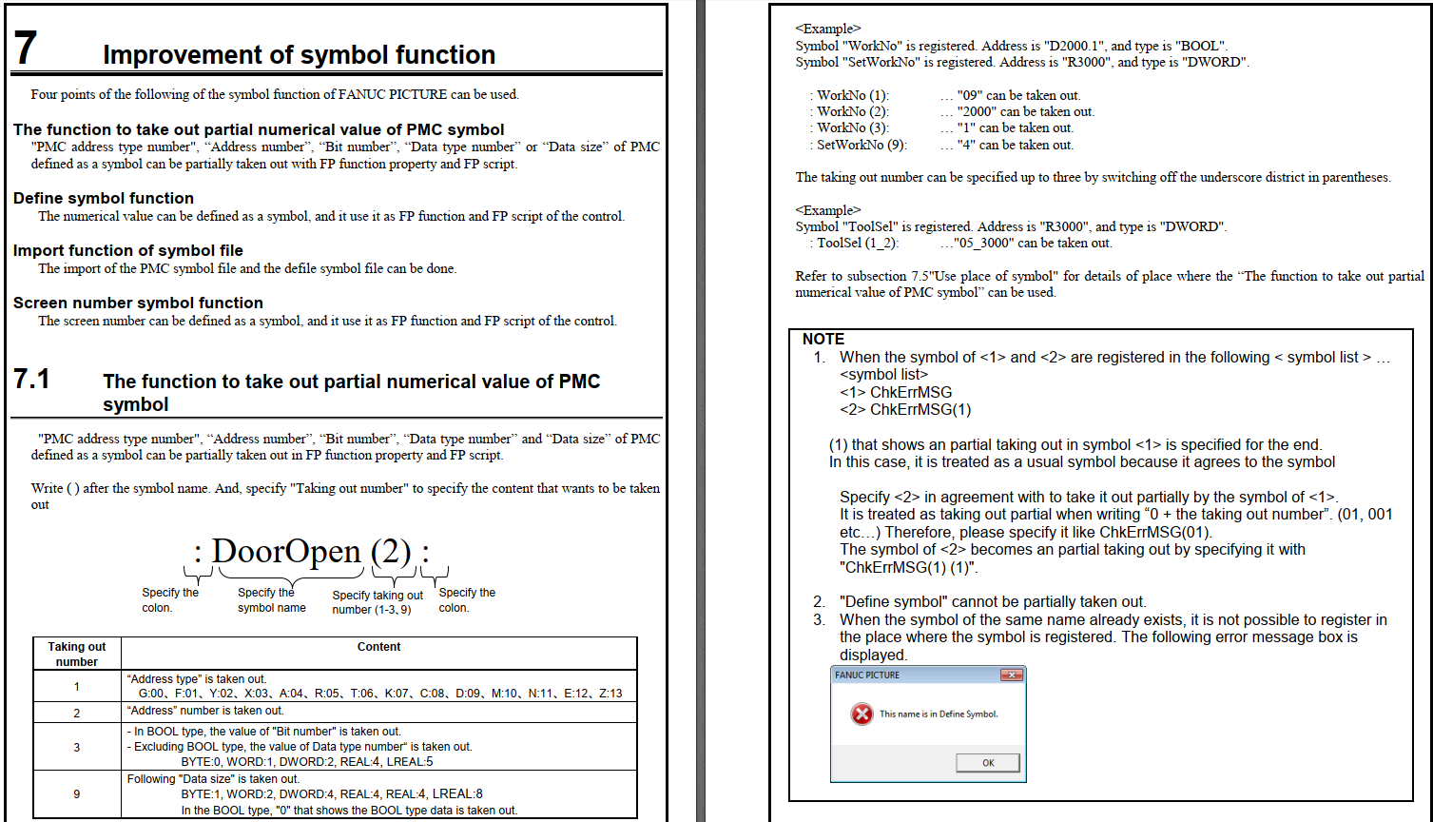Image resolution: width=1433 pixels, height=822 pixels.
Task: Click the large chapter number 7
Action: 26,48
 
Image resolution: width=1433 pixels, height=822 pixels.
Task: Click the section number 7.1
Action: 31,380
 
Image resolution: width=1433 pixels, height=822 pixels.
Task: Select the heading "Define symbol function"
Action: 104,198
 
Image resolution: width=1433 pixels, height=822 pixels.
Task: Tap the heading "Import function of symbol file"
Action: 128,250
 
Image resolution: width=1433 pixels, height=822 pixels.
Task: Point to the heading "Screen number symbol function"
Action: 138,303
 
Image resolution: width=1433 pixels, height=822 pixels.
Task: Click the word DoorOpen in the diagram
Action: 286,552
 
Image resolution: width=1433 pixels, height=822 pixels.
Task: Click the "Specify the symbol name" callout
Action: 271,599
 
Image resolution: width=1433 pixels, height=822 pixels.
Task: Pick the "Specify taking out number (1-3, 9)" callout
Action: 378,602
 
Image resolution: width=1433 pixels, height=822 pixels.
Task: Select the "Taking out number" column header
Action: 77,654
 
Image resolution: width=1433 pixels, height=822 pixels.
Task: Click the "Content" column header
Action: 378,647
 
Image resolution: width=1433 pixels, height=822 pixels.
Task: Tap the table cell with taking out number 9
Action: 77,793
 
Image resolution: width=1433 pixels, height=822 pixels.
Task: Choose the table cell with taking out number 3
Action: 77,747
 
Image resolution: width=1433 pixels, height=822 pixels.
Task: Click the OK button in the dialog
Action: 988,763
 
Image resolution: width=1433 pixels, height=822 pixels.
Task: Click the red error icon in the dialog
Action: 862,714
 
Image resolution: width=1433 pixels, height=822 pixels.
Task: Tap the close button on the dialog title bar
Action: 1011,675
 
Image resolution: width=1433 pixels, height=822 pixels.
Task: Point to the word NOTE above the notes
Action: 823,339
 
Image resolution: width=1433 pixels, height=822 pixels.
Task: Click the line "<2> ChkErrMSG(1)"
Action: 905,410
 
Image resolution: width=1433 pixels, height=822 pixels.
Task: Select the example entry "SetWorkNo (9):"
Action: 862,145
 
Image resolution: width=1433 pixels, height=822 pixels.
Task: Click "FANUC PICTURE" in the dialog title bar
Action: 867,675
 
